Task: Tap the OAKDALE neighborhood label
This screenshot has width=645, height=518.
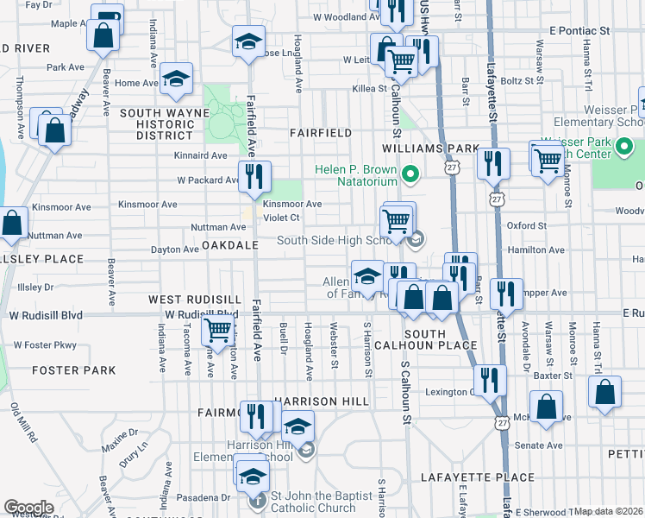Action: pyautogui.click(x=231, y=245)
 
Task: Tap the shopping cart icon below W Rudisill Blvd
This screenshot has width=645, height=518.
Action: pyautogui.click(x=217, y=328)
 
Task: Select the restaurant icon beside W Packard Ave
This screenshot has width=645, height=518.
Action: pyautogui.click(x=254, y=176)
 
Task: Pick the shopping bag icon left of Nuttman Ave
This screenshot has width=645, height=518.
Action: pyautogui.click(x=13, y=224)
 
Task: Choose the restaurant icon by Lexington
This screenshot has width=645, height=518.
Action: pyautogui.click(x=490, y=378)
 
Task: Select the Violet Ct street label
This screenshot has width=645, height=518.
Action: pyautogui.click(x=281, y=218)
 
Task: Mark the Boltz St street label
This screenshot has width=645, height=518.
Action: pyautogui.click(x=517, y=81)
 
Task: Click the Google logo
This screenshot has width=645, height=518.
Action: pyautogui.click(x=28, y=507)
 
